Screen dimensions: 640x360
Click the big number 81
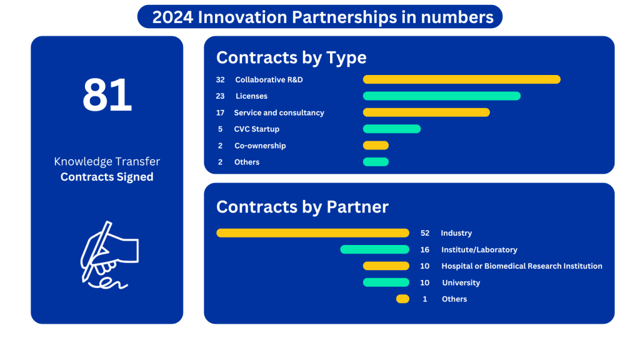(x=107, y=95)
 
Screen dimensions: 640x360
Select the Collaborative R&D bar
(x=462, y=79)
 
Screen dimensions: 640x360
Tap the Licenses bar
(x=442, y=96)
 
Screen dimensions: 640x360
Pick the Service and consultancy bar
(x=426, y=112)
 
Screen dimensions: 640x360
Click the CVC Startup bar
(x=392, y=129)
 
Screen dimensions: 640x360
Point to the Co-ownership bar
(x=376, y=145)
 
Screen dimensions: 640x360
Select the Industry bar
(x=312, y=232)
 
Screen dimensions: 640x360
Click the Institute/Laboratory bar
(x=375, y=249)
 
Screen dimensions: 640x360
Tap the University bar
(x=386, y=282)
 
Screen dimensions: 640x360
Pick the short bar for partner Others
(x=402, y=299)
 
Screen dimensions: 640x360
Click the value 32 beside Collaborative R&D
(x=221, y=79)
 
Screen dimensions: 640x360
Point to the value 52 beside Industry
(x=425, y=233)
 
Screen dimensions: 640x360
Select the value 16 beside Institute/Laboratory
(x=425, y=249)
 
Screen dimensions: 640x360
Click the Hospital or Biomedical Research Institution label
(x=522, y=266)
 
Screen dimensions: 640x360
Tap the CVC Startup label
(x=257, y=129)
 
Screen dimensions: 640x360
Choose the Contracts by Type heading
(x=291, y=57)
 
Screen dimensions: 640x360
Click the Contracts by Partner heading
(x=302, y=207)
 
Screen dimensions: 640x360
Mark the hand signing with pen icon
(x=109, y=255)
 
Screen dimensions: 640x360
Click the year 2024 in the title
(x=172, y=17)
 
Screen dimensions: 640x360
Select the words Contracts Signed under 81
(x=107, y=177)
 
